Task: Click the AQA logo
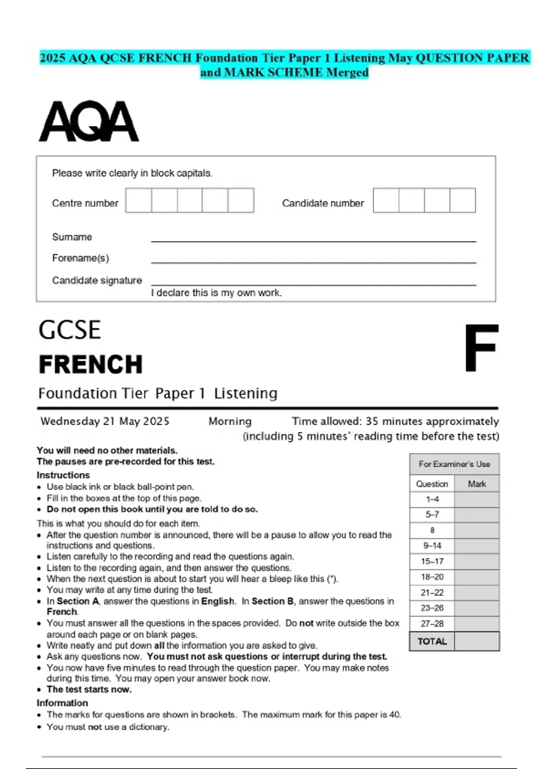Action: pos(89,121)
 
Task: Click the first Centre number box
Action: pos(138,200)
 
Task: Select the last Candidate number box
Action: pos(462,200)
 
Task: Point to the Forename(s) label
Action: pos(81,258)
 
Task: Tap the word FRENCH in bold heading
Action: pos(90,365)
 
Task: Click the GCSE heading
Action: pos(70,330)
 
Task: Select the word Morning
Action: pos(230,421)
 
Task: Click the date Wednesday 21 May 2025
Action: pos(105,421)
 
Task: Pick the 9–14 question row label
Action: pos(432,546)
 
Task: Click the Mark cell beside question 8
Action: pos(477,530)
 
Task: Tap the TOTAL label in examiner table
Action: pos(432,641)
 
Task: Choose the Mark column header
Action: pos(477,484)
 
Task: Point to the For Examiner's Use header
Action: pos(454,464)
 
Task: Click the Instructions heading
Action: pos(63,475)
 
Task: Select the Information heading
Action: pos(62,703)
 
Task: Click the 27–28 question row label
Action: pos(432,624)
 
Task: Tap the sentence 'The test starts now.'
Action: pos(89,689)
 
